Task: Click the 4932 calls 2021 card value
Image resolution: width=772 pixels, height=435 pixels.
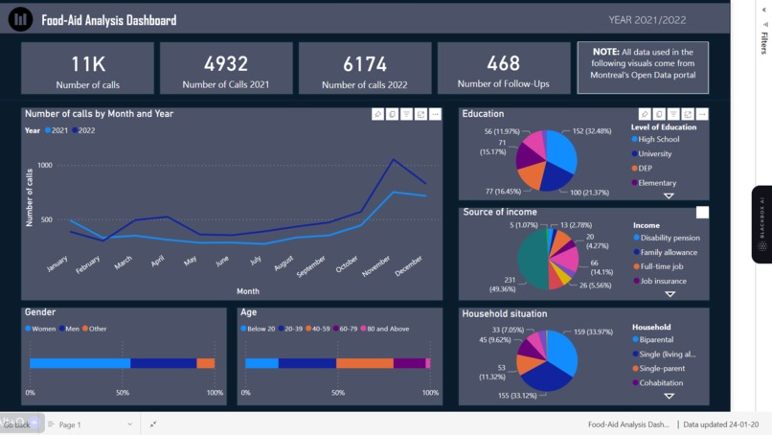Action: coord(226,63)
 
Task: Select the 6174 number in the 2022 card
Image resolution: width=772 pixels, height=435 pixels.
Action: coord(365,63)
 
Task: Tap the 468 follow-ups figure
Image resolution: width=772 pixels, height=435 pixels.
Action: coord(503,63)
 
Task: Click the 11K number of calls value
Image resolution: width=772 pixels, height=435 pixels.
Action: coord(88,63)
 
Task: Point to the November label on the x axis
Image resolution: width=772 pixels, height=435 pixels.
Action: coord(376,267)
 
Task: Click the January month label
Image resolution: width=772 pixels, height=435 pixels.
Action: coord(57,263)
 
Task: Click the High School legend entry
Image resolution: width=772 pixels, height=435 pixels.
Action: coord(658,139)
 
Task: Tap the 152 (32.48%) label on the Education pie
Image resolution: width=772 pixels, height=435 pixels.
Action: coord(592,131)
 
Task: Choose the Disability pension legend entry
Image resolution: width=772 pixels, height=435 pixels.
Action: coord(669,238)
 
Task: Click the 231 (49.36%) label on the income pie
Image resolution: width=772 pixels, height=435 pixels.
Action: coord(502,285)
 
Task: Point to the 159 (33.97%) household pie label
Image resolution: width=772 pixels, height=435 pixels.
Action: coord(593,332)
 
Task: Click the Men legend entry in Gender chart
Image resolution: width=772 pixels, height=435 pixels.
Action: coord(71,329)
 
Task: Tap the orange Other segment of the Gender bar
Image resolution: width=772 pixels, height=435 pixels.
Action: coord(205,363)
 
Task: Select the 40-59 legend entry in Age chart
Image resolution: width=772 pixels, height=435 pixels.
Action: coord(322,329)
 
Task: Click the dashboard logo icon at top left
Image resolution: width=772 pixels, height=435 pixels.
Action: coord(20,19)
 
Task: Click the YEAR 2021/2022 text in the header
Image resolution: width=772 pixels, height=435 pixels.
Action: coord(647,20)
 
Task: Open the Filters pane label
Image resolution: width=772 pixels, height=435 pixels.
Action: coord(764,42)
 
